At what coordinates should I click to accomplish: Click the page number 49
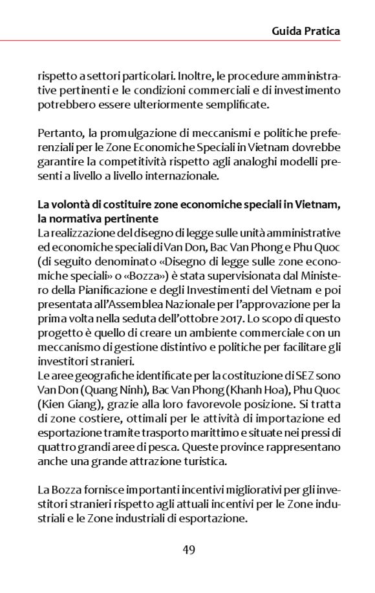[x=189, y=550]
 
